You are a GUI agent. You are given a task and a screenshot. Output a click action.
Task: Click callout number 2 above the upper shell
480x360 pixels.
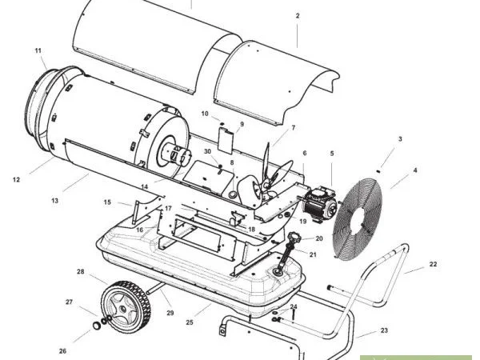point(297,16)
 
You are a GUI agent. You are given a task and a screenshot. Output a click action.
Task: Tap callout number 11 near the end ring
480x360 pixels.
point(38,51)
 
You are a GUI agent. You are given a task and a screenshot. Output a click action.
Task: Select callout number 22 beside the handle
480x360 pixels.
point(434,263)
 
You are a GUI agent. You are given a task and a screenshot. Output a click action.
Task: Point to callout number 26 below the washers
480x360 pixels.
point(62,350)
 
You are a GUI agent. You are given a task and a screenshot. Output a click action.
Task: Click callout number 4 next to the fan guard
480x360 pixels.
point(415,170)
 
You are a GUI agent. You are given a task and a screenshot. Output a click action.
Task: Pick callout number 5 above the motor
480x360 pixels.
point(332,153)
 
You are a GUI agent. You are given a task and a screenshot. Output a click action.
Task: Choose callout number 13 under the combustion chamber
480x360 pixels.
point(55,201)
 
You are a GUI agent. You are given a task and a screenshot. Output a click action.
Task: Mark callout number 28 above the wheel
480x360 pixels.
point(81,272)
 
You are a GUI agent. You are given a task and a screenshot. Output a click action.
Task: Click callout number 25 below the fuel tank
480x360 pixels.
point(190,323)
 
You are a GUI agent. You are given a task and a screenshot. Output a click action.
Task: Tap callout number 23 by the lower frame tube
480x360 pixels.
point(384,330)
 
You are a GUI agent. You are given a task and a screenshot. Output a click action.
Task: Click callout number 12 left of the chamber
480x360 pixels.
point(16,180)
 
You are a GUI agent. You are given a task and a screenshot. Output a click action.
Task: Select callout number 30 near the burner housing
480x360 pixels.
point(207,151)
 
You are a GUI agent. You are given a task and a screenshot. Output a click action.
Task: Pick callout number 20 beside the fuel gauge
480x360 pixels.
point(319,238)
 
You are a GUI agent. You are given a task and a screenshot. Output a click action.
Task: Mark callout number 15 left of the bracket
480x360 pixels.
point(107,202)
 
